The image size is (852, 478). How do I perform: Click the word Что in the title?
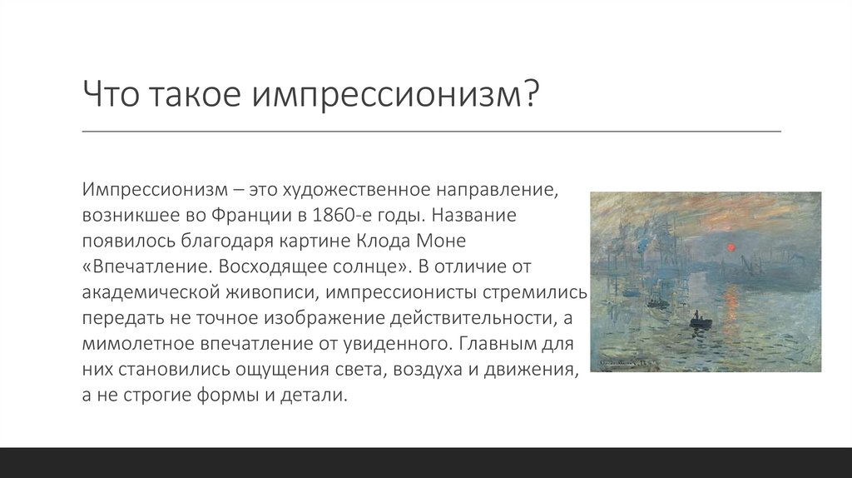pos(111,94)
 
